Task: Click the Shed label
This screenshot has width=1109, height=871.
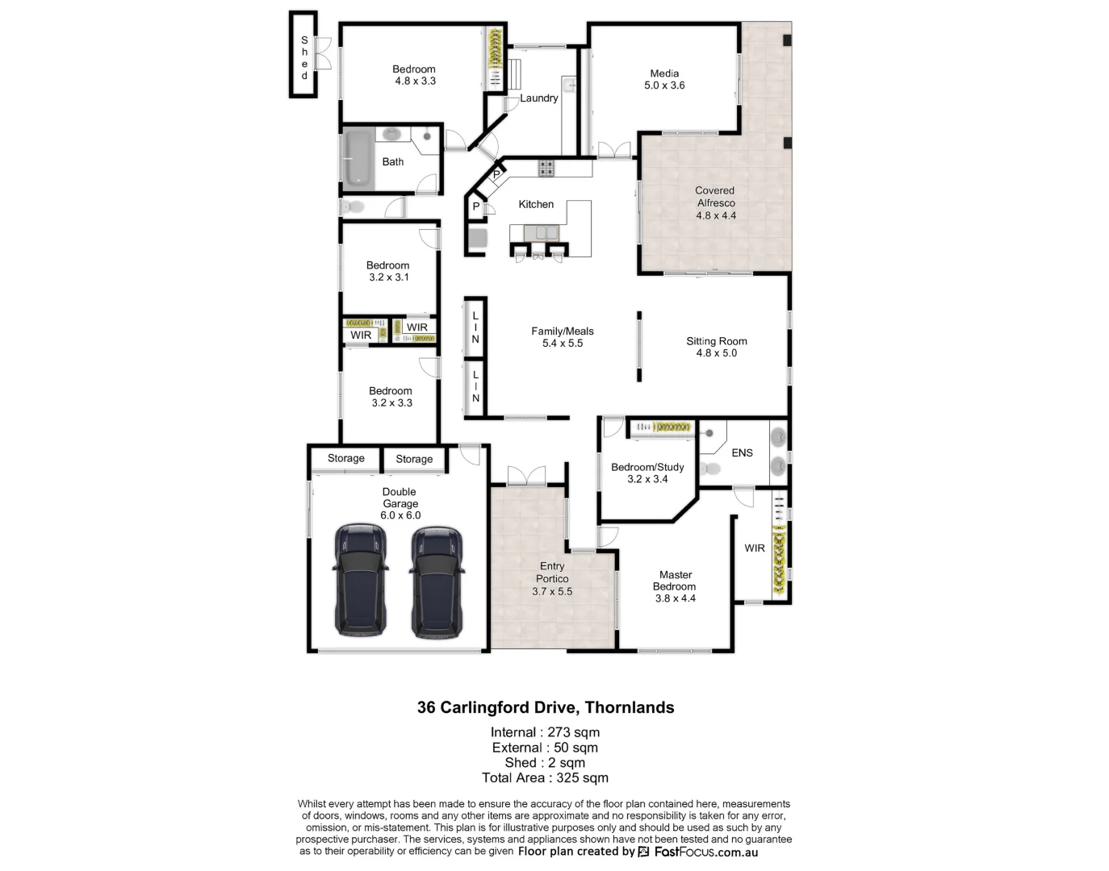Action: [x=304, y=57]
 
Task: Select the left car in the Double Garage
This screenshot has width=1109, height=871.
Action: [x=360, y=581]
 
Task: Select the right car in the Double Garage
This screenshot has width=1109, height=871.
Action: [x=437, y=582]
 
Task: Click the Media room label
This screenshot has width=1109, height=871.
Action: [x=664, y=73]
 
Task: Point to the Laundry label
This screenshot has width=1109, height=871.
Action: [x=538, y=98]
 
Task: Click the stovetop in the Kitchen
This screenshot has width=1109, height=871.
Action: [x=546, y=168]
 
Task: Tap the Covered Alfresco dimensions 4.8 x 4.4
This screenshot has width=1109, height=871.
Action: [x=716, y=215]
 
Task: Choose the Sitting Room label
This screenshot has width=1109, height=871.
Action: [x=716, y=341]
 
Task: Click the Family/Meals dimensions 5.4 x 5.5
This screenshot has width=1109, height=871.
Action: [x=563, y=343]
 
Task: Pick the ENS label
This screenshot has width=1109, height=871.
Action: [x=742, y=453]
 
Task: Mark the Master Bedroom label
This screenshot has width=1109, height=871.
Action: [x=675, y=581]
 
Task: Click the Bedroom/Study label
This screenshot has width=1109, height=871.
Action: [x=647, y=467]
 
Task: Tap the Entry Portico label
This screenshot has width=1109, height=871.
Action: [x=552, y=573]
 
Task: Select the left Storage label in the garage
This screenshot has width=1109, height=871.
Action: [x=345, y=458]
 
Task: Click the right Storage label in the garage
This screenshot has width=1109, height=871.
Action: [x=414, y=459]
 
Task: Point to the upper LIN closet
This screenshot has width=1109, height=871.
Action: [x=475, y=327]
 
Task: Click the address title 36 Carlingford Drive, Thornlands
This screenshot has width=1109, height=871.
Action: [x=546, y=707]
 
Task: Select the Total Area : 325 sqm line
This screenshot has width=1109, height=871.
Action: [x=545, y=778]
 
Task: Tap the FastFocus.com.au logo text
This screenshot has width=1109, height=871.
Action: [x=705, y=852]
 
